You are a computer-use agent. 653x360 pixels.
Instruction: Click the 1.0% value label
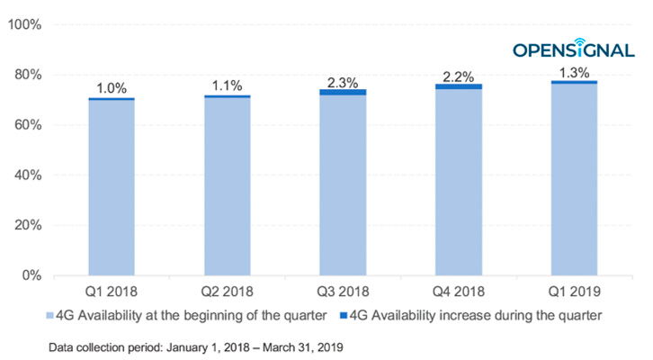[x=112, y=88]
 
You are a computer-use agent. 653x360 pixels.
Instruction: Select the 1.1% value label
[x=227, y=86]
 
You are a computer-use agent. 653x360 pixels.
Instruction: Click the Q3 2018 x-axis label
[x=343, y=292]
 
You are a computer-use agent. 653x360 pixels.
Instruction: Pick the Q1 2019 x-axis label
[x=574, y=292]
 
